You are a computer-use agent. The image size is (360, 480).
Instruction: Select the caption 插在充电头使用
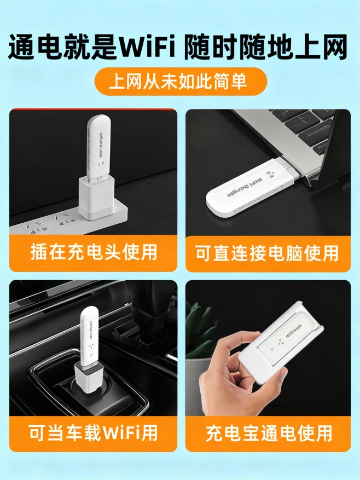(x=94, y=252)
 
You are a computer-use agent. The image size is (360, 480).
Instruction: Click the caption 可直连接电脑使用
(x=268, y=252)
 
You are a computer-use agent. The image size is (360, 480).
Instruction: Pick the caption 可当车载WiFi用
(x=94, y=433)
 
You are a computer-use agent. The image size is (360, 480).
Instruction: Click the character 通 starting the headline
(x=24, y=48)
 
